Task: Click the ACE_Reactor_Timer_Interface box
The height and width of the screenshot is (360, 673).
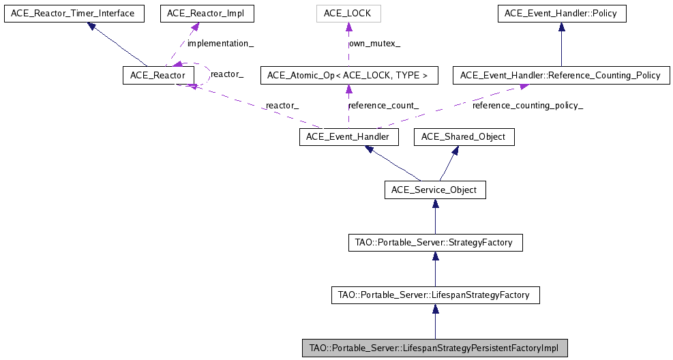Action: (x=74, y=13)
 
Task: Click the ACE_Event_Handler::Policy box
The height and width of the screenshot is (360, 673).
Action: (x=561, y=13)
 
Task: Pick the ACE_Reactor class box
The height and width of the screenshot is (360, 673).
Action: (x=153, y=75)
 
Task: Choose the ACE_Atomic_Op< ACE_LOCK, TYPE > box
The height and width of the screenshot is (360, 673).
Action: (x=348, y=75)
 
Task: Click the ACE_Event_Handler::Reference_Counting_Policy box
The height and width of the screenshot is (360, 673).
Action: (x=560, y=75)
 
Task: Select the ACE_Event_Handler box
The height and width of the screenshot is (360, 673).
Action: (x=348, y=137)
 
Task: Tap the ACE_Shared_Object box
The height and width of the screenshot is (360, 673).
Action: (x=464, y=137)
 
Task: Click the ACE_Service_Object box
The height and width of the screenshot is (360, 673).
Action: (x=435, y=190)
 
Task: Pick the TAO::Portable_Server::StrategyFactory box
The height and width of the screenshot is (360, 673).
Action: (x=435, y=242)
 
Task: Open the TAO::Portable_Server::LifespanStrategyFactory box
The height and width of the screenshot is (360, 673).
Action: (x=435, y=295)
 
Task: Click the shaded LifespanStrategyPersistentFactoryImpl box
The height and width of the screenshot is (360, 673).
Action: (x=435, y=348)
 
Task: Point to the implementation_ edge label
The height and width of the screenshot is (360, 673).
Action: (x=220, y=43)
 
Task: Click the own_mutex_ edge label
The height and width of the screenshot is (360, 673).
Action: (x=374, y=43)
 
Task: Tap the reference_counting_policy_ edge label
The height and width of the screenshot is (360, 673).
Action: (x=528, y=106)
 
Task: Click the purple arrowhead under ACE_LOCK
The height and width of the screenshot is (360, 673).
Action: (x=348, y=27)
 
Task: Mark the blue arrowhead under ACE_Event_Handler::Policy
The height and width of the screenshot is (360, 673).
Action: (x=561, y=27)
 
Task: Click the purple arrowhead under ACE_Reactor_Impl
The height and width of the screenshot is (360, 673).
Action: (x=196, y=27)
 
